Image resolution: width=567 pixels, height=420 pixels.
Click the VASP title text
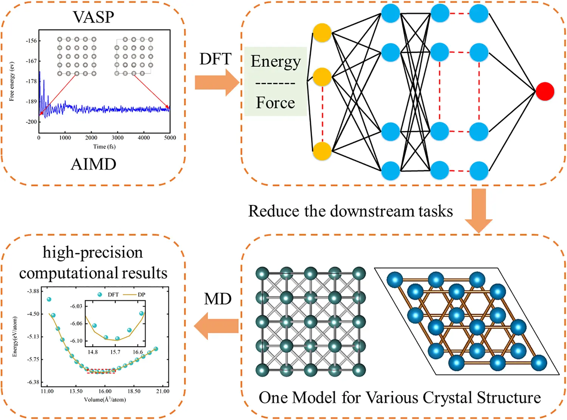pos(93,17)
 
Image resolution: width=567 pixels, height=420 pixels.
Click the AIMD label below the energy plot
pos(93,164)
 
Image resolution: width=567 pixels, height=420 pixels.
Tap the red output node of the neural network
pos(545,91)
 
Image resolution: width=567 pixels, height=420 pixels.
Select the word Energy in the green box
pos(276,62)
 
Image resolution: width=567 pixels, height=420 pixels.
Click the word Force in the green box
pos(275,103)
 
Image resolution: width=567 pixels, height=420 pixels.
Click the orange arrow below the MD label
pos(217,326)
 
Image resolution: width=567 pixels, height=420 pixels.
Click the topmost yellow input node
pos(322,33)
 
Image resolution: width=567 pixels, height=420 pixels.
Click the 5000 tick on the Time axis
pos(170,138)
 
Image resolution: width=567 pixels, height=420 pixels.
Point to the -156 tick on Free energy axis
pos(31,41)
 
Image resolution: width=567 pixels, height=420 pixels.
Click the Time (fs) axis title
pos(104,147)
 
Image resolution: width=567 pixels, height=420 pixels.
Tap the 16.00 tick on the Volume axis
pos(105,391)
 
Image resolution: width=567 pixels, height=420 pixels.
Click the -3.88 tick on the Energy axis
pos(33,291)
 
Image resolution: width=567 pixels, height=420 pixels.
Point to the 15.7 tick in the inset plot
pos(115,352)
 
